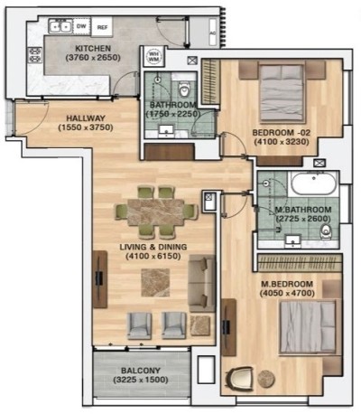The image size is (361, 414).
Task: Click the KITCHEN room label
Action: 93,48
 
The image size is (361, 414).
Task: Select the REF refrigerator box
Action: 102,27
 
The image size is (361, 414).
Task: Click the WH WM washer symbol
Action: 153,58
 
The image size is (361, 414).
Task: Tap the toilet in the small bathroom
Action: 183,88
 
